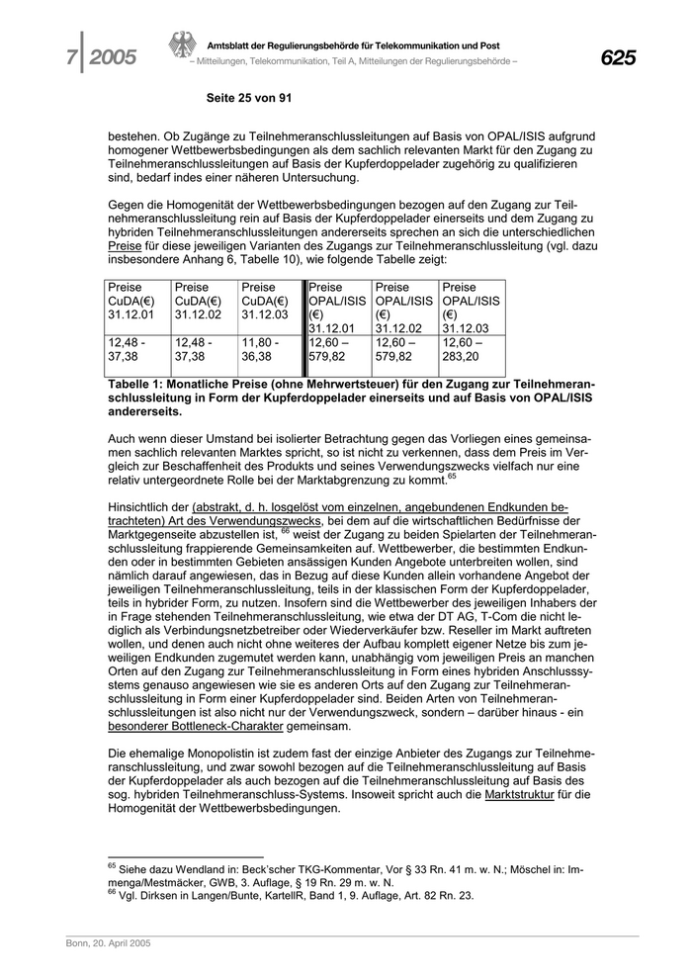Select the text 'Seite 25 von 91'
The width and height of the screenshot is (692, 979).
click(248, 98)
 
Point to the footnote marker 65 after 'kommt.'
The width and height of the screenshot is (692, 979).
click(451, 476)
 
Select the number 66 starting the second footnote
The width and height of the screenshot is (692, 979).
click(111, 892)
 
